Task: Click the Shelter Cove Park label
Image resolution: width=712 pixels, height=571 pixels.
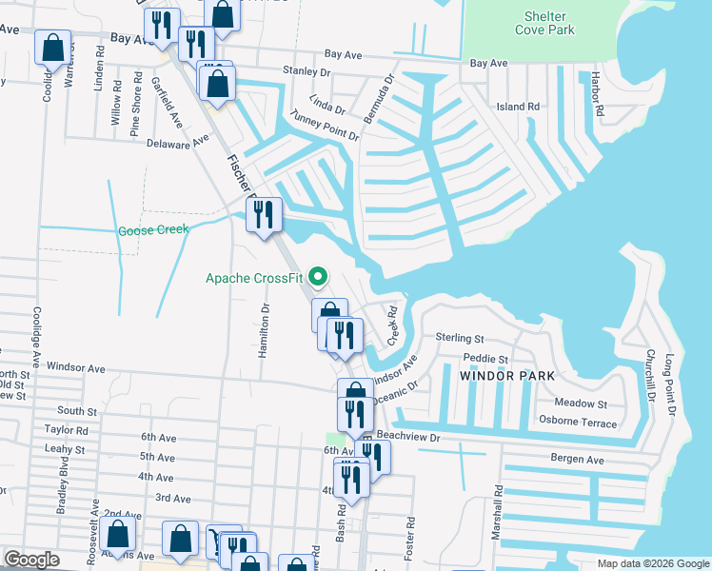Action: [x=544, y=23]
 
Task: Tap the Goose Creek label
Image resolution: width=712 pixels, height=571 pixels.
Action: [x=153, y=230]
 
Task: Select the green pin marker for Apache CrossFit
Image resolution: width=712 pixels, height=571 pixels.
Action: [x=320, y=279]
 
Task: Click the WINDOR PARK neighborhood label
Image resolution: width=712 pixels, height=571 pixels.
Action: [x=507, y=377]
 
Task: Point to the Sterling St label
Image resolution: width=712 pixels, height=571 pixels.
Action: [x=460, y=338]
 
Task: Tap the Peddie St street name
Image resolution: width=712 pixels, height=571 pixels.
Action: [x=486, y=359]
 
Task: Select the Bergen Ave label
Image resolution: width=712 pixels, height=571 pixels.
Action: [x=578, y=460]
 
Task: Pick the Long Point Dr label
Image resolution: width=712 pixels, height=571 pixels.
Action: [x=670, y=384]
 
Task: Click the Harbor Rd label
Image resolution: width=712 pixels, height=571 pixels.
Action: [x=597, y=91]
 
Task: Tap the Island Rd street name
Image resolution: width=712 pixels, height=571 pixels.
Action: [x=518, y=107]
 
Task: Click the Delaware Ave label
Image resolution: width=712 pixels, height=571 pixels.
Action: [x=177, y=142]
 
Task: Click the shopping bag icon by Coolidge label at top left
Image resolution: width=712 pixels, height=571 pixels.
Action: [x=52, y=46]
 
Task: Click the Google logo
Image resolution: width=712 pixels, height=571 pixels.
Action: [x=32, y=560]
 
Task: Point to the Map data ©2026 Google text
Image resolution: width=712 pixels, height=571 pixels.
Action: [x=651, y=563]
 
